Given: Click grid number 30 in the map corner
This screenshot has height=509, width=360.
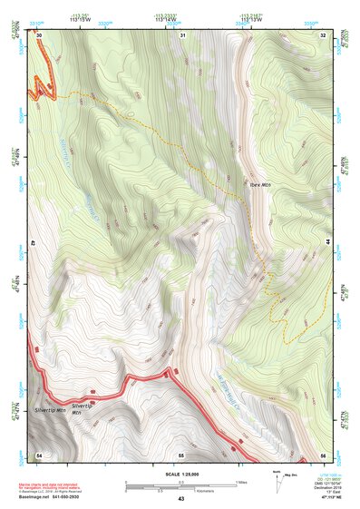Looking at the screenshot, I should (x=40, y=35).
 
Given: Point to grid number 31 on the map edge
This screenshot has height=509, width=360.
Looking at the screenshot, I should (x=182, y=35).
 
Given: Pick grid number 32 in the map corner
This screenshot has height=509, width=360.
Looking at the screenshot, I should (x=323, y=35).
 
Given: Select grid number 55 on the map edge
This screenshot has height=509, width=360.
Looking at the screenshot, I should (x=180, y=454).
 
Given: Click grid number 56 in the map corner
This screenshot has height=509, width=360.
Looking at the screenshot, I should (x=323, y=454).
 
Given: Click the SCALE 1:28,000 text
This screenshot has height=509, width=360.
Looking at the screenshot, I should (x=180, y=472).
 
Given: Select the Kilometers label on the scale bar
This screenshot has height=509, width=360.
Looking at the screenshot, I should (x=180, y=490).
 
